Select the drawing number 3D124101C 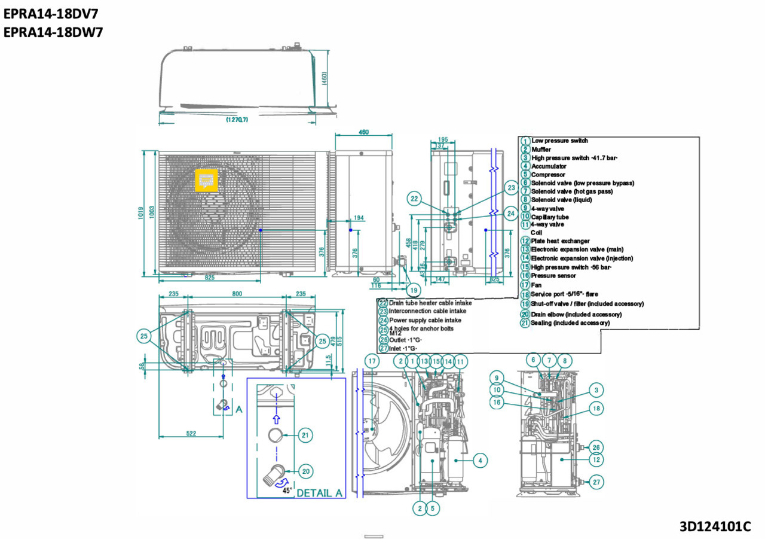(715, 527)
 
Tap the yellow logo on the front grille (207, 179)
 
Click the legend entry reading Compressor (548, 175)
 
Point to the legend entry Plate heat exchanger (560, 241)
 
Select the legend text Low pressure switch (559, 141)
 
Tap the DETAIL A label (319, 493)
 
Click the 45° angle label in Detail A (287, 490)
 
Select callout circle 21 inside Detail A (305, 436)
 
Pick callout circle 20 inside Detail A (305, 471)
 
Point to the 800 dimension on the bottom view (237, 294)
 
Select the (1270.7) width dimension (237, 120)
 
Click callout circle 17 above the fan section (372, 361)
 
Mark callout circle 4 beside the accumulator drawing (479, 460)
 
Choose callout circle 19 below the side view (412, 290)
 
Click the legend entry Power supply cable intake (425, 320)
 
